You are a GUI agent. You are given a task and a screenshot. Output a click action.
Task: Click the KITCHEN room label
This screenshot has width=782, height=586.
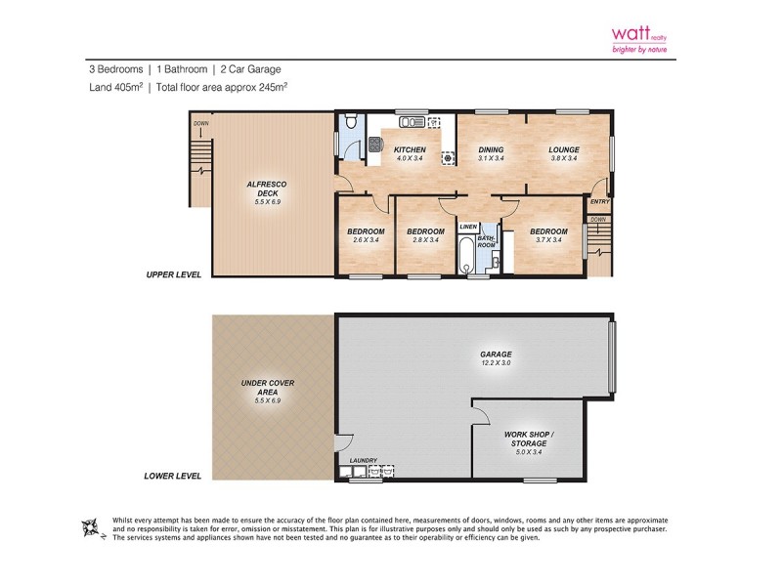click(409, 149)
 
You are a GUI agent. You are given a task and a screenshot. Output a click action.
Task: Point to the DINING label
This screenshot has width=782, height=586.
click(490, 149)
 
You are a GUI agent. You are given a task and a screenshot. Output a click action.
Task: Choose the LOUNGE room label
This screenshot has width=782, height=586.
click(564, 149)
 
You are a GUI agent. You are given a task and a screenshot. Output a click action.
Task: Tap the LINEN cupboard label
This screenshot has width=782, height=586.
click(467, 227)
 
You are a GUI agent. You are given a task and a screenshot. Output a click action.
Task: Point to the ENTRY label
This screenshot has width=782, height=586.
click(599, 202)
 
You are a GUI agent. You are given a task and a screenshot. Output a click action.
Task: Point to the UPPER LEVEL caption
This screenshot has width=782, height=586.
click(172, 275)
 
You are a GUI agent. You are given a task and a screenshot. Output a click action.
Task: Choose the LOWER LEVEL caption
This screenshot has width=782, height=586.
click(172, 476)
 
